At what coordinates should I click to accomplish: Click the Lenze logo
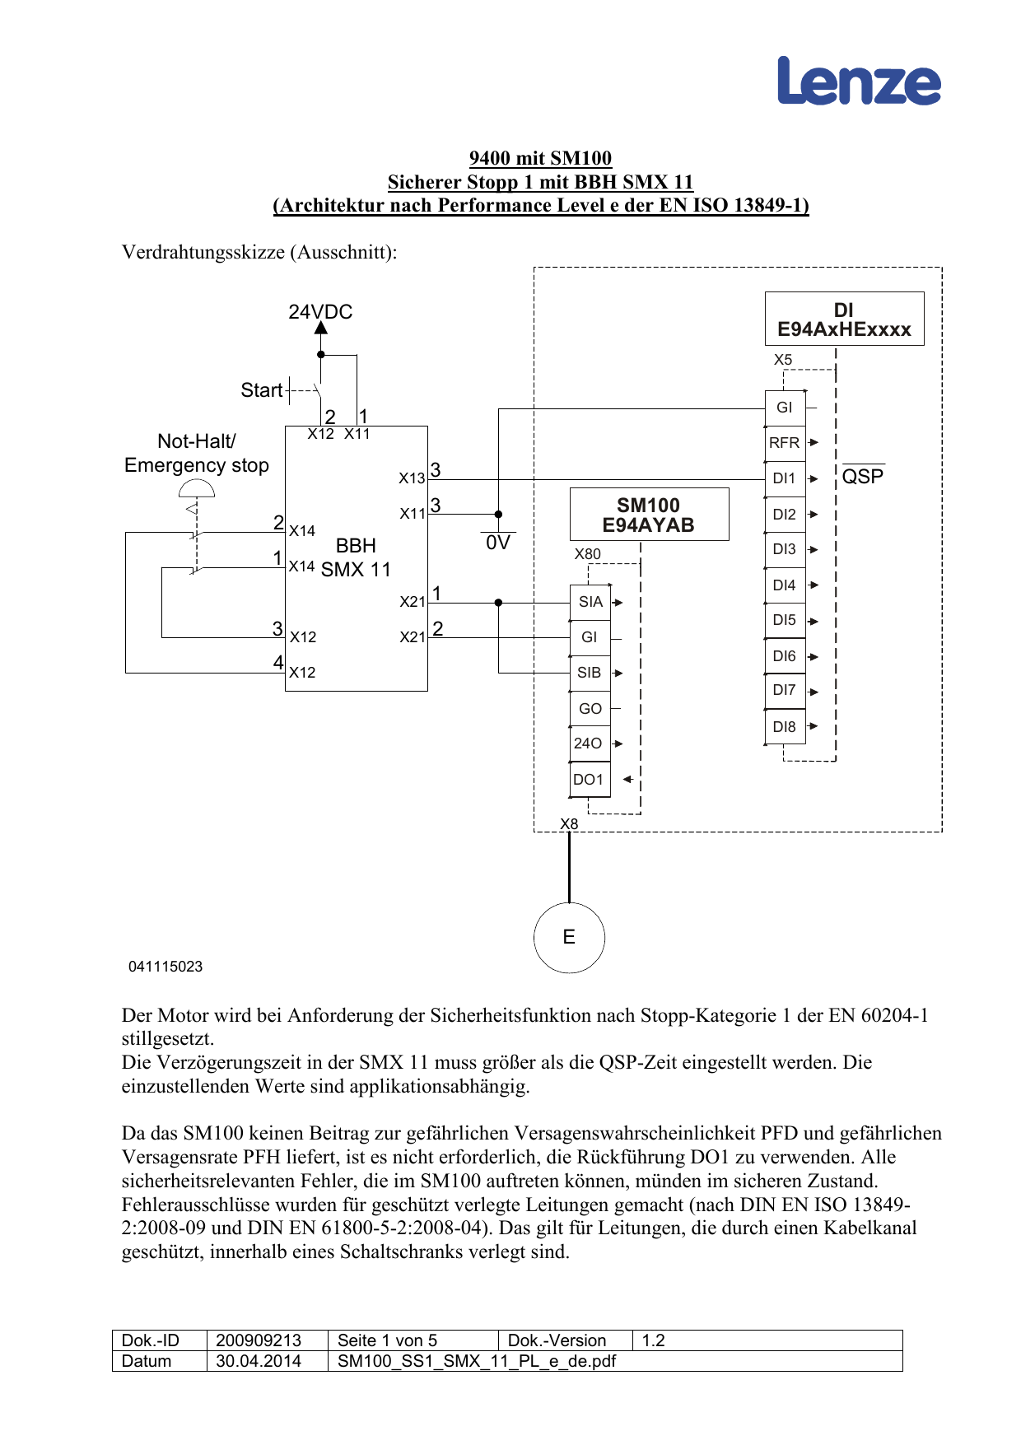pos(859,82)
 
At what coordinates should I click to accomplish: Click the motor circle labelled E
pos(569,937)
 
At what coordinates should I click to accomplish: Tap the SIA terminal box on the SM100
pos(590,602)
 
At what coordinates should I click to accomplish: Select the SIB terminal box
pos(590,673)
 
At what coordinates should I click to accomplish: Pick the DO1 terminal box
pos(590,780)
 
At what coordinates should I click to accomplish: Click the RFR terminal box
pos(785,443)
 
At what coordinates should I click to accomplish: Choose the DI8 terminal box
pos(785,727)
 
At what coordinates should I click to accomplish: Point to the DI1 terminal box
pos(785,478)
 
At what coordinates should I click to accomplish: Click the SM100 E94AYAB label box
pos(649,515)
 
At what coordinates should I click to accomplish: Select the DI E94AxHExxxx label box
pos(844,319)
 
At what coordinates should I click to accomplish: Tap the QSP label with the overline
pos(862,477)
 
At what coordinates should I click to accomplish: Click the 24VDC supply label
pos(320,312)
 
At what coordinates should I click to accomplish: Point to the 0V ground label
pos(498,543)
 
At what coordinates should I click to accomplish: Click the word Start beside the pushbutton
pos(261,390)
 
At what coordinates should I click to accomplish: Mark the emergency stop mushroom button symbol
pos(197,490)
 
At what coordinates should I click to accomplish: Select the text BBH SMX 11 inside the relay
pos(356,557)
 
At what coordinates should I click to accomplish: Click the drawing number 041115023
pos(166,967)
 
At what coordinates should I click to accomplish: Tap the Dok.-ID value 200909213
pos(259,1340)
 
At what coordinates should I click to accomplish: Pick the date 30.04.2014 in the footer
pos(259,1361)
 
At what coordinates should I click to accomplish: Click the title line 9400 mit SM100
pos(540,158)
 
